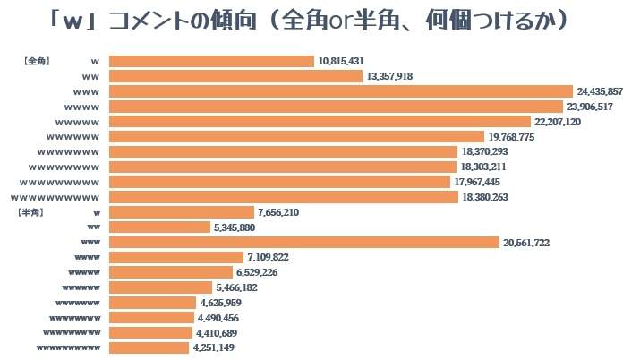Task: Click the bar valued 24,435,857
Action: [340, 91]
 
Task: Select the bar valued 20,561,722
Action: [303, 243]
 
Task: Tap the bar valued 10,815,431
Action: [212, 61]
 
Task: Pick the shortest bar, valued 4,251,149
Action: [149, 347]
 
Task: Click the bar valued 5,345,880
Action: [159, 227]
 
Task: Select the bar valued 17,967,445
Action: [279, 182]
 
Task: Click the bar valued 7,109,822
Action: [175, 258]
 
